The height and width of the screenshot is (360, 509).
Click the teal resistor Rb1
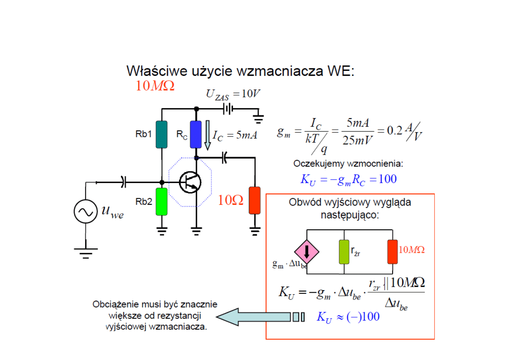click(x=162, y=135)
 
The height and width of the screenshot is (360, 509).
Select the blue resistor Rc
click(x=195, y=135)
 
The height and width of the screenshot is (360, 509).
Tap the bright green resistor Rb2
click(x=162, y=202)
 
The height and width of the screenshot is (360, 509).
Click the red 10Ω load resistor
click(x=254, y=200)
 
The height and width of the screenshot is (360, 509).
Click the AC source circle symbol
click(x=85, y=212)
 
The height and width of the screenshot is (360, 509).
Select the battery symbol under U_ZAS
click(x=228, y=108)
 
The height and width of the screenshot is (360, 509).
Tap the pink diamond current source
click(x=307, y=251)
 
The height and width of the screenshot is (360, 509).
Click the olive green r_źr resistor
click(x=344, y=252)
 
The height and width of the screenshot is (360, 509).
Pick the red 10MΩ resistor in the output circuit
click(x=392, y=252)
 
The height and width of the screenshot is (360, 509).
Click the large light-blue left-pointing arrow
click(x=254, y=317)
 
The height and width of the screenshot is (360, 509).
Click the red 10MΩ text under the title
click(x=155, y=86)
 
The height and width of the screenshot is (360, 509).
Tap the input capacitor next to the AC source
click(x=123, y=182)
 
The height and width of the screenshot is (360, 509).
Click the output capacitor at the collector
click(x=225, y=158)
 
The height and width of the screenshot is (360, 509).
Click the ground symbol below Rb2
click(x=162, y=230)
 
